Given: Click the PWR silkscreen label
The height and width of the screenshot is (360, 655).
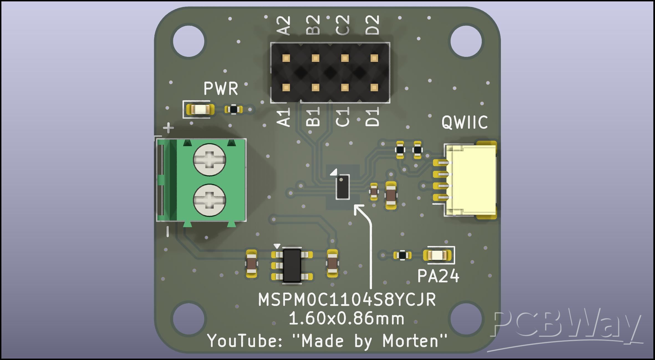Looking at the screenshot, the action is pos(221,88).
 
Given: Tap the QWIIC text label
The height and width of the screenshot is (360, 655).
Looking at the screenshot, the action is pos(465,122).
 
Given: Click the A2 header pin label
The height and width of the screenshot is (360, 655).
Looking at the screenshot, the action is pos(284,26).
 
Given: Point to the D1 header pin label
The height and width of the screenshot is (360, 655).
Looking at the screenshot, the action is pos(372,117).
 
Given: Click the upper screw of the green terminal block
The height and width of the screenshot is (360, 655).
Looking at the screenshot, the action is pos(210,160).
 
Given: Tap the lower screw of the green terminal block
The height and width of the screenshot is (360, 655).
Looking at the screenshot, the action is pos(210,200).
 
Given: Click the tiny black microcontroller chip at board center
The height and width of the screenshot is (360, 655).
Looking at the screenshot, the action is pos(343,187).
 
